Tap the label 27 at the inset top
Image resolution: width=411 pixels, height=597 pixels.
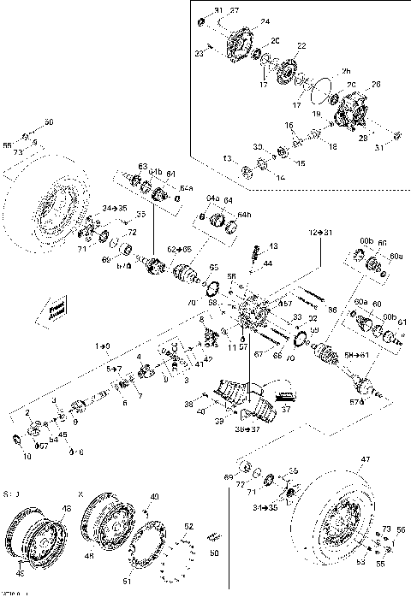pos(235,9)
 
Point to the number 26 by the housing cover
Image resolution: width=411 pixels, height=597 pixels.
pos(374,84)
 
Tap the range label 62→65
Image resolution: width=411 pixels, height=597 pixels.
pos(179,249)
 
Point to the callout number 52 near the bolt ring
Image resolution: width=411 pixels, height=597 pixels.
pos(189,527)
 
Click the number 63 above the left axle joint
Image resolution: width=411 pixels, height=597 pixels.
pos(143,165)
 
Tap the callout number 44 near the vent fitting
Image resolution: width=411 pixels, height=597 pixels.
pos(268,263)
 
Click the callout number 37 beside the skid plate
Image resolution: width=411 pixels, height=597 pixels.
pos(285,409)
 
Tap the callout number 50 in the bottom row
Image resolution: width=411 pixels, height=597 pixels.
pos(215,553)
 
